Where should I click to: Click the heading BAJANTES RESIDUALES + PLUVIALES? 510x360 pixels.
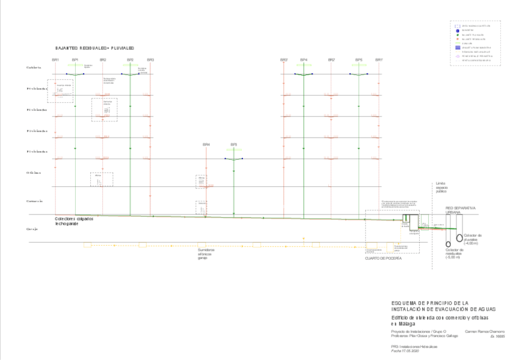click(94, 47)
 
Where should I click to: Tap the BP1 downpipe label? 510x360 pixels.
click(75, 59)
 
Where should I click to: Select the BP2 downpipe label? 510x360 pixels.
click(130, 59)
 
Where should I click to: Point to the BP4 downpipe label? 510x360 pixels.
click(304, 59)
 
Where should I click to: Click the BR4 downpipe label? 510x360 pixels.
click(206, 144)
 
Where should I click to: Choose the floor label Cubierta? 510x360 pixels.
click(34, 67)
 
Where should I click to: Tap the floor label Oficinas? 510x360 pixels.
click(34, 173)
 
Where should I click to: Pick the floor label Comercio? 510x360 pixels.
click(34, 201)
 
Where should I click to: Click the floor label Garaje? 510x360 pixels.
click(32, 230)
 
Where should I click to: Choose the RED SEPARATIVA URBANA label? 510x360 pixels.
click(460, 209)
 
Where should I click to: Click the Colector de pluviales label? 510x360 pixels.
click(472, 238)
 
